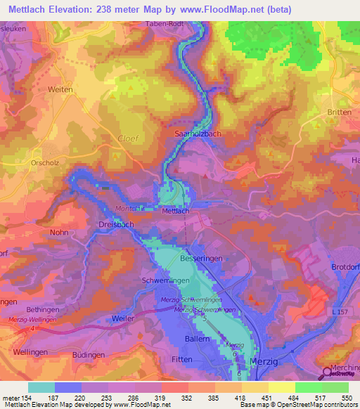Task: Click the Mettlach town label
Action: click(176, 211)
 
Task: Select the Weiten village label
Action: click(61, 89)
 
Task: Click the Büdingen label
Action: click(88, 356)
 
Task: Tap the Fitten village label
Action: click(184, 359)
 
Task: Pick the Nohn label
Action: click(59, 231)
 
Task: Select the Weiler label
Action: click(123, 318)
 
